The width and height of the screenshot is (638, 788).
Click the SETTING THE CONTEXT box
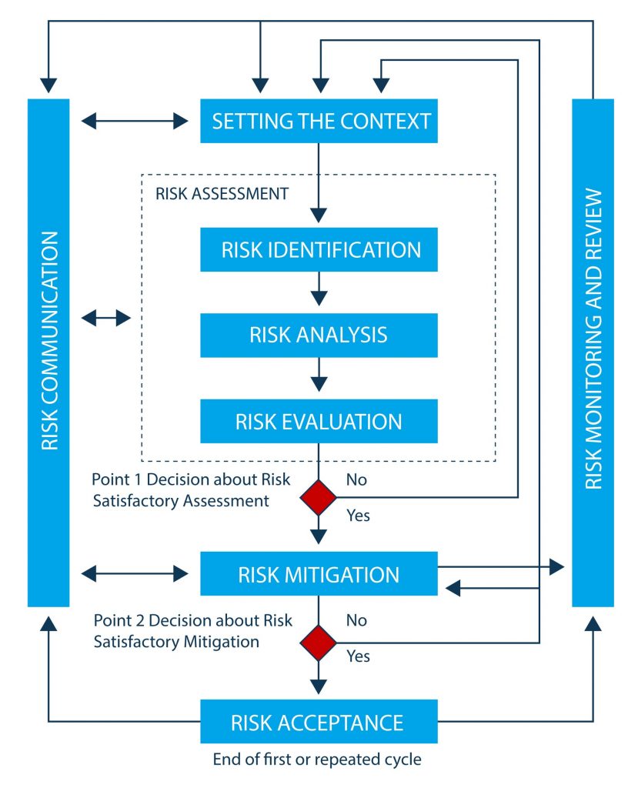coord(319,121)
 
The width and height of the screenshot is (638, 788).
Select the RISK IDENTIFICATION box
coord(319,249)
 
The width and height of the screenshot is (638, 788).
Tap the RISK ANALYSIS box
coord(319,335)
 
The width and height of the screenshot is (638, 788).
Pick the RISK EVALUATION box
coord(319,421)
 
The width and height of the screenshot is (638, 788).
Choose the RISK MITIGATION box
coord(319,574)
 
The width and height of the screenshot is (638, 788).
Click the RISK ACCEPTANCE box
coord(319,722)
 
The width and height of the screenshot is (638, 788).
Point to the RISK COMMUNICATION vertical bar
coord(48,352)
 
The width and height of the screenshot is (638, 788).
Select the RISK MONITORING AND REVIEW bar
coord(593,352)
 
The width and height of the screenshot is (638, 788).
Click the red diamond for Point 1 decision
coord(319,497)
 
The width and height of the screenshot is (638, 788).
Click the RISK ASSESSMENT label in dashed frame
coord(222,194)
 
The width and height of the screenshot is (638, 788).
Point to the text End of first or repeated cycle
coord(317,760)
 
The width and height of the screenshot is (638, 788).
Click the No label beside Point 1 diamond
coord(356,480)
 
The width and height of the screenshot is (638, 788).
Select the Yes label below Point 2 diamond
coord(358,656)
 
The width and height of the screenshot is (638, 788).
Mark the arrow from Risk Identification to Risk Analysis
coord(319,292)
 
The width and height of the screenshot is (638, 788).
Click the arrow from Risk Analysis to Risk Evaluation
coord(319,378)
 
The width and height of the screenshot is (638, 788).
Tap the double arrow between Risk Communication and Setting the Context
coord(135,121)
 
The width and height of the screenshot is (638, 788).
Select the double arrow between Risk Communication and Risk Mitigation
coord(135,573)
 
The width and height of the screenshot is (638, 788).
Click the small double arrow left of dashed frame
coord(106,316)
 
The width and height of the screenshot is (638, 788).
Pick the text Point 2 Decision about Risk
coord(192,620)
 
